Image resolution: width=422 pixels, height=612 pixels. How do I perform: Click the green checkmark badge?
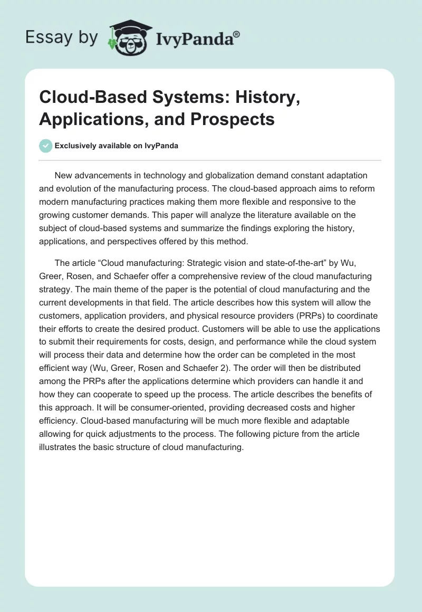[46, 146]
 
